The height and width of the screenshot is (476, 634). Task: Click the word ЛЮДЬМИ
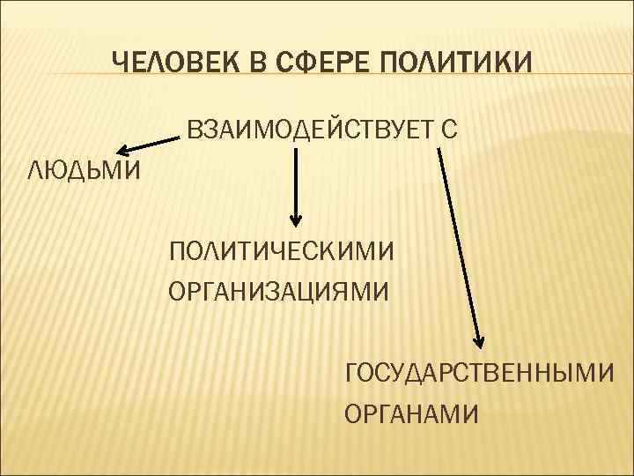[84, 169]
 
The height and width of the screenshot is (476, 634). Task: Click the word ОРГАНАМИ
[412, 412]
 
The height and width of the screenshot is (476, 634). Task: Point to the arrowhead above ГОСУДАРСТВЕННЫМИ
[480, 340]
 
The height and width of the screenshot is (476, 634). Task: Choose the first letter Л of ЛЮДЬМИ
[36, 169]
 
